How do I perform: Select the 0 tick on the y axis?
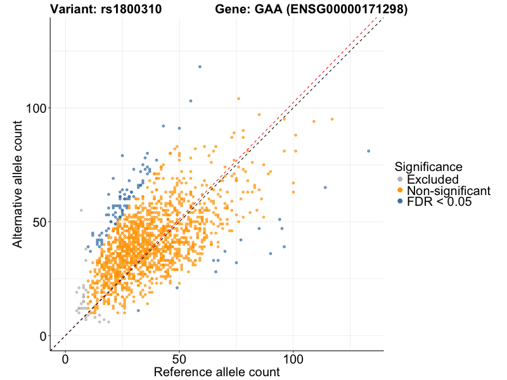click(x=43, y=336)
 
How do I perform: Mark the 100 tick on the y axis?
click(x=35, y=108)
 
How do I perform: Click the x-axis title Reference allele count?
click(x=217, y=372)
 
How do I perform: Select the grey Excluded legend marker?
click(x=400, y=180)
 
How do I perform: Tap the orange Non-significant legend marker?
click(x=400, y=191)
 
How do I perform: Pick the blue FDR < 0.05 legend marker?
click(x=400, y=201)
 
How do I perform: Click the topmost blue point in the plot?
click(x=200, y=66)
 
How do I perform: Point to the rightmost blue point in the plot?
click(x=368, y=151)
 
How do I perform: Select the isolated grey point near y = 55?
click(x=81, y=210)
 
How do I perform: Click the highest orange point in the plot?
click(x=238, y=99)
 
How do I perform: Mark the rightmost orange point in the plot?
click(x=331, y=119)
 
